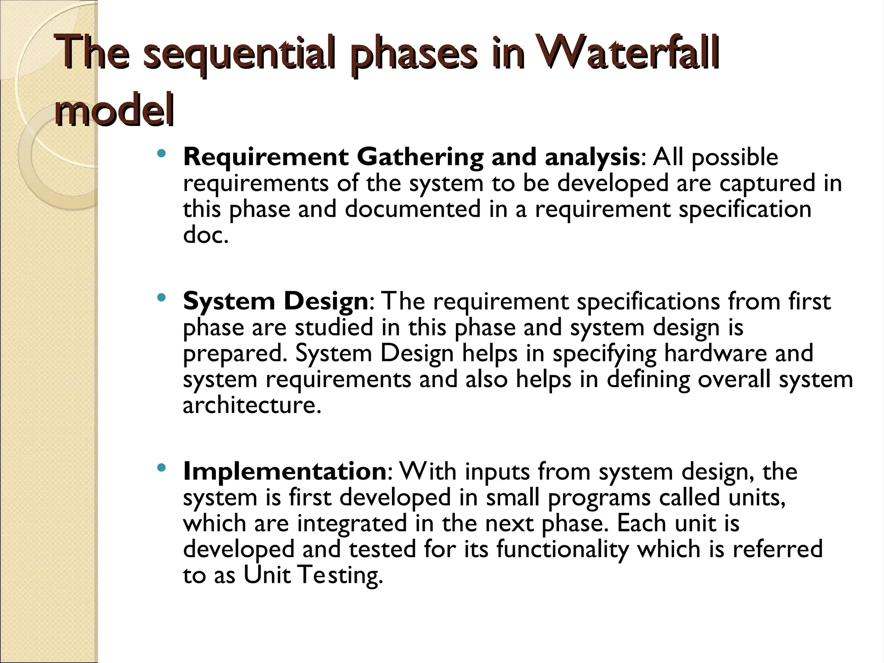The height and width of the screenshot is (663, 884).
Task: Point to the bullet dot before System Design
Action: click(x=161, y=297)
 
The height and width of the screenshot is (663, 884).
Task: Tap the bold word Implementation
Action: click(x=284, y=471)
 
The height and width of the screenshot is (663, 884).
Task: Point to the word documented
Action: click(x=413, y=209)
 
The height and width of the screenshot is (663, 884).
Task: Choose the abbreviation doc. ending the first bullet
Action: click(x=205, y=235)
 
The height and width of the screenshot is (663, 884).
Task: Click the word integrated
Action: click(x=352, y=523)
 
